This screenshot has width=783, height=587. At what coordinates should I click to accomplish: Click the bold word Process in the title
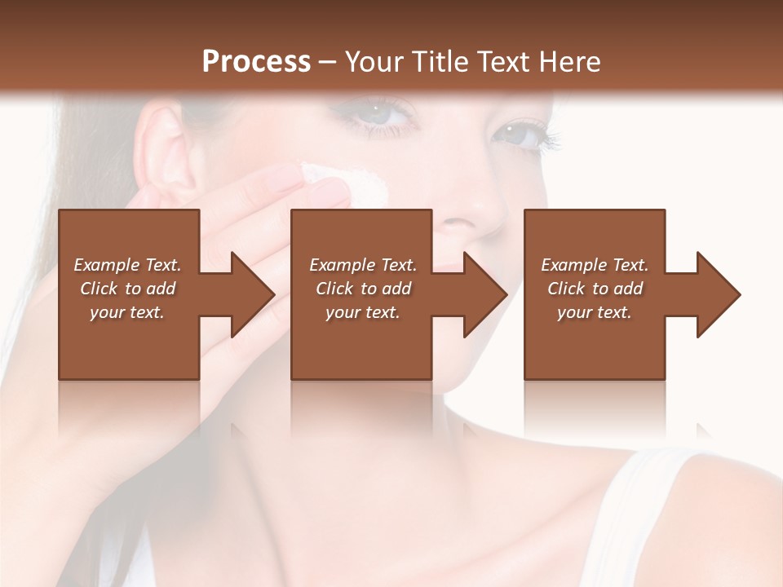click(x=256, y=61)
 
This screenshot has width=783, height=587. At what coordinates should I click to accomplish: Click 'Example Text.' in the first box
click(x=127, y=265)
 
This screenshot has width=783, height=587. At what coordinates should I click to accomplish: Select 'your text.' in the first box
click(x=127, y=312)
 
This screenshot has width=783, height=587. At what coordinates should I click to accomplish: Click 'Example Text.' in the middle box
click(x=363, y=265)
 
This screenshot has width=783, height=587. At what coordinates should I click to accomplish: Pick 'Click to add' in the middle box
click(x=363, y=289)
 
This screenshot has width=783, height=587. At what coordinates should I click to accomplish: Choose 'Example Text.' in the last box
click(x=595, y=265)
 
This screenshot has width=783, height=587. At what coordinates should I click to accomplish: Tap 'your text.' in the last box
click(x=595, y=312)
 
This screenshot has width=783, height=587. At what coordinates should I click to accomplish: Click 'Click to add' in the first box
click(x=127, y=289)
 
